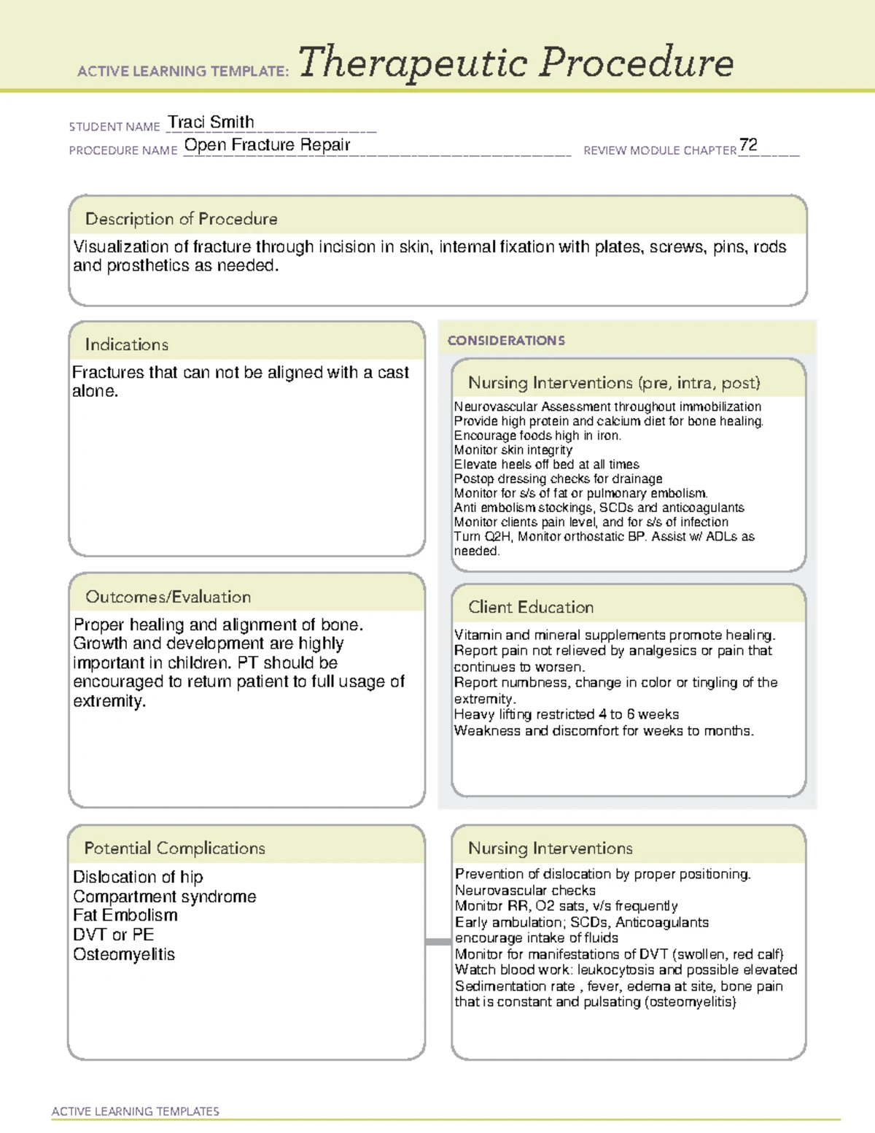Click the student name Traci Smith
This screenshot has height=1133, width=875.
(x=211, y=123)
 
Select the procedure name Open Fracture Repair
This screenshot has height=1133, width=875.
(x=267, y=145)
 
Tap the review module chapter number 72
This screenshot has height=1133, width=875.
(x=748, y=145)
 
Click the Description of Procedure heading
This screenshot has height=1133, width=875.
(x=181, y=219)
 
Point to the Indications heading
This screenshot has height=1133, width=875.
(x=126, y=344)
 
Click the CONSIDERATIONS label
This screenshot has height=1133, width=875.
(x=506, y=341)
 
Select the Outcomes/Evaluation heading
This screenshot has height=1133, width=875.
(x=168, y=597)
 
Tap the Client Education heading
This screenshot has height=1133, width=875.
(x=530, y=607)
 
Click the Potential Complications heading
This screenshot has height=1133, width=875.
(x=174, y=848)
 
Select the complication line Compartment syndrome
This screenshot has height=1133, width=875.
(x=164, y=897)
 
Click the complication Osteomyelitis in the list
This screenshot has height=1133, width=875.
(x=123, y=954)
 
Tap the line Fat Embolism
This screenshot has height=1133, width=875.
(x=125, y=916)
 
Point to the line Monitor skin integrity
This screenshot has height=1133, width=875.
(x=513, y=450)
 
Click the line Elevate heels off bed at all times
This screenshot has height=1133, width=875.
(x=546, y=465)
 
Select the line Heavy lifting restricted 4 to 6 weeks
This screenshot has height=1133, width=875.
(x=566, y=714)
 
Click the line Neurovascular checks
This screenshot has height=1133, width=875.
(x=525, y=890)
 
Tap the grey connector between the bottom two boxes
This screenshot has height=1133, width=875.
(x=438, y=942)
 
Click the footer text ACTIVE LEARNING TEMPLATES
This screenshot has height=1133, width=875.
(x=135, y=1111)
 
